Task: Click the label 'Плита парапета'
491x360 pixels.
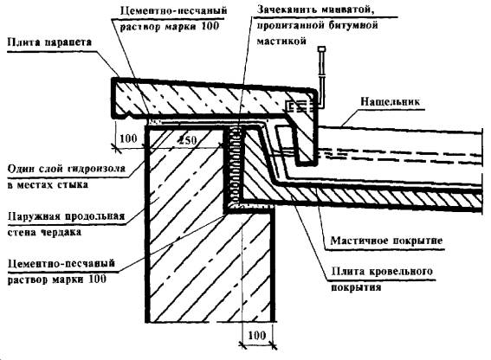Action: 49,42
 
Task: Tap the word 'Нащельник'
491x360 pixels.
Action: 390,102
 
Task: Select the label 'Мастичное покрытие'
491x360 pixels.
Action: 387,241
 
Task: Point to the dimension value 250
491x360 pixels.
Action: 188,140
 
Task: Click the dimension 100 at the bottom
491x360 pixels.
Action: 257,336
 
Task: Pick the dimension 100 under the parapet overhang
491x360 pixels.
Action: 128,138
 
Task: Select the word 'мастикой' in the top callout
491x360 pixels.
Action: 281,41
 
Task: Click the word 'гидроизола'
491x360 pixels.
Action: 96,169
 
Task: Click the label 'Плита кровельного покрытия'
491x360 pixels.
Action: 382,279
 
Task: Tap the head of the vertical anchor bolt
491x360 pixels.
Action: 321,49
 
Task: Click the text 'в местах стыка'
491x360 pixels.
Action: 48,184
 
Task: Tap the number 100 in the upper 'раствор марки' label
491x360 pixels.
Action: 210,26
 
